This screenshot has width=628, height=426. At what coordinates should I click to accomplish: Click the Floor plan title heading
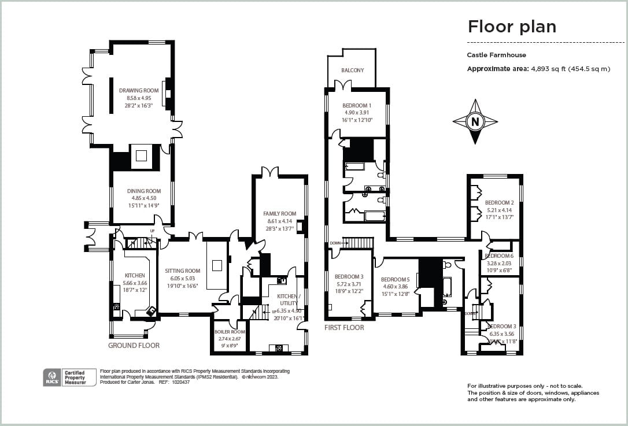pos(511,27)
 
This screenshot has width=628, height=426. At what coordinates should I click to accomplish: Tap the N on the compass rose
pos(475,121)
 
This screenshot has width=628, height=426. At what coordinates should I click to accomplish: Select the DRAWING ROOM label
pos(139,91)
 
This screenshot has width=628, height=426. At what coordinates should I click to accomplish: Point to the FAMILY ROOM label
pos(279,214)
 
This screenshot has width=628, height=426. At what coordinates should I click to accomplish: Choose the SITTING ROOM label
pos(182,271)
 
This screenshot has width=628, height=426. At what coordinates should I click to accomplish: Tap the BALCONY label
pos(353,71)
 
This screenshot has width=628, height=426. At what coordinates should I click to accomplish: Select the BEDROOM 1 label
pos(357,106)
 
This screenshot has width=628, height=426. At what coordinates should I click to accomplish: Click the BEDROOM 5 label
pos(396,280)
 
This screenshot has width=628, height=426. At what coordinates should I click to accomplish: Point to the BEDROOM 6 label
pos(499,256)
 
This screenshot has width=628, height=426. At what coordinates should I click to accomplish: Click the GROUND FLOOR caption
pos(134,345)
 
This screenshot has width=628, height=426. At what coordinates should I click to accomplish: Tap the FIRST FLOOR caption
pos(344,328)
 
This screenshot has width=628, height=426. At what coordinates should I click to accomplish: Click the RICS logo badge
pos(50,377)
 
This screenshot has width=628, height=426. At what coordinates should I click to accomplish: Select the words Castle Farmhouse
pos(496,55)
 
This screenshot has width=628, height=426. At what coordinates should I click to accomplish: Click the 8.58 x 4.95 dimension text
pos(139,98)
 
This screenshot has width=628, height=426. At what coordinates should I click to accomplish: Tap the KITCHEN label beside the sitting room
pos(135,276)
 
